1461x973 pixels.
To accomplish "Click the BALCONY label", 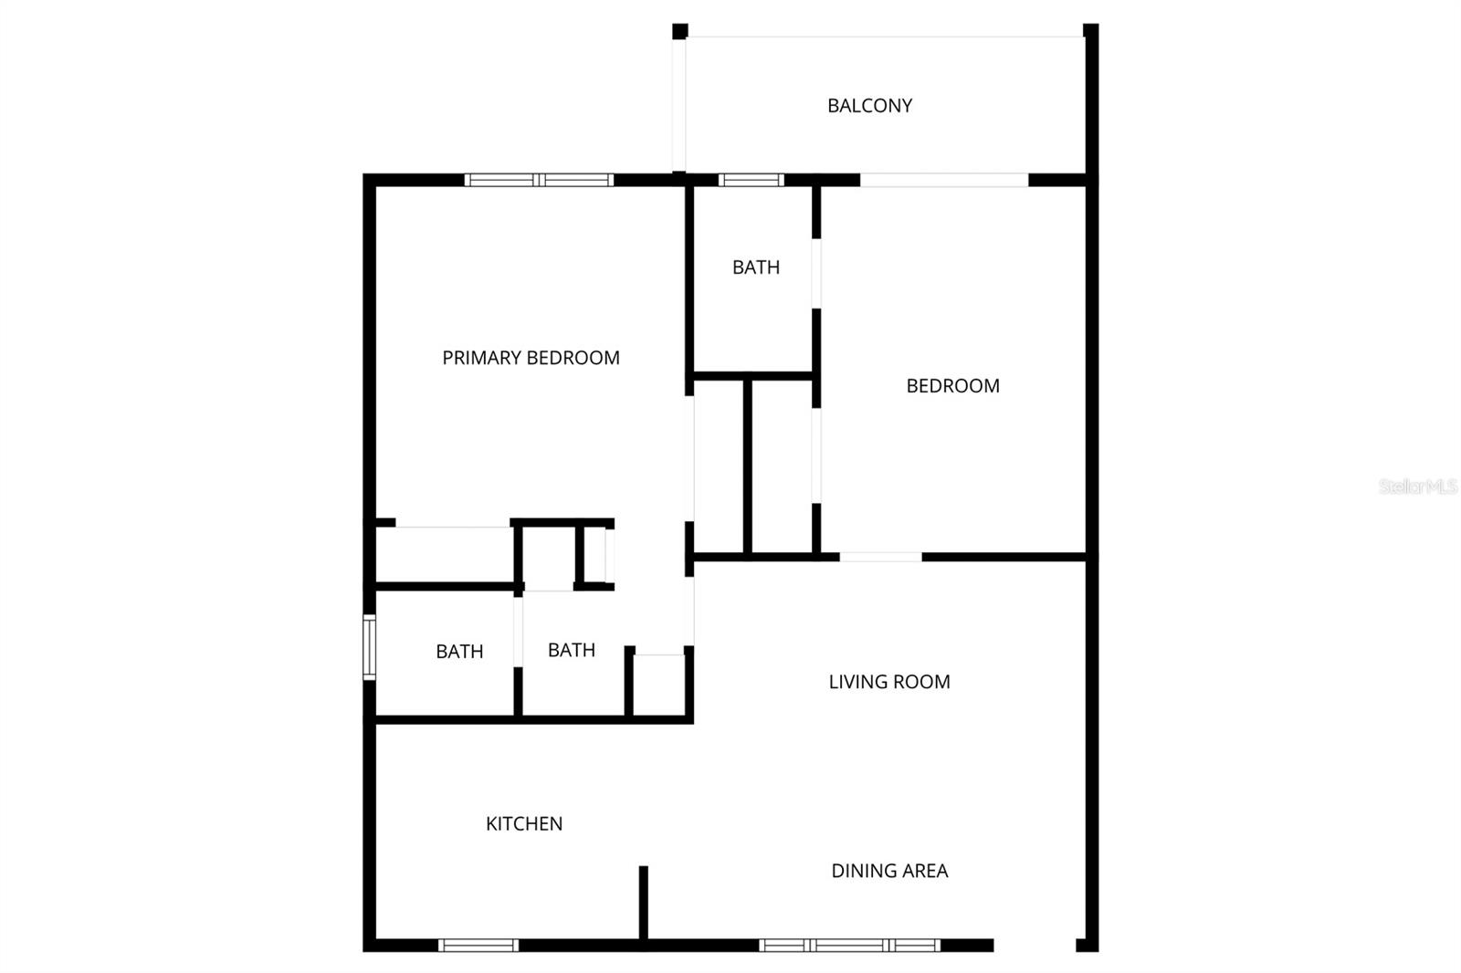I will [869, 106].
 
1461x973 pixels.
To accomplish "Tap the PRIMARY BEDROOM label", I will [531, 358].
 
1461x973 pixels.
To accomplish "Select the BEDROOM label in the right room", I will [952, 386].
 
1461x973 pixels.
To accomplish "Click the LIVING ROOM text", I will [888, 682].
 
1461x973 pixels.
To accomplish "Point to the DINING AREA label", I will [888, 871].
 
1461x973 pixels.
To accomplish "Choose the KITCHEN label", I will [523, 823].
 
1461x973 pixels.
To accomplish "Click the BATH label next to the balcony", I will [755, 267].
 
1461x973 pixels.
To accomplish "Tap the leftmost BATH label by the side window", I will [458, 652].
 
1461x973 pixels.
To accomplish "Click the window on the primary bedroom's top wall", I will [539, 180].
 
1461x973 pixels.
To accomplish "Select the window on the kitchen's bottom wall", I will [478, 945].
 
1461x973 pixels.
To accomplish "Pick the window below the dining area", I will [849, 945].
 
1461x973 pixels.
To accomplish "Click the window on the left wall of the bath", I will [369, 646].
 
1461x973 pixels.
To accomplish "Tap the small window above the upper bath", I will [751, 180].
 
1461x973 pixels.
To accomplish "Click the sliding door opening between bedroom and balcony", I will [944, 180].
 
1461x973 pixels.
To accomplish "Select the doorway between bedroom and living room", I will [880, 556].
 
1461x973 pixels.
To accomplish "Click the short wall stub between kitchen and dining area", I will [643, 902].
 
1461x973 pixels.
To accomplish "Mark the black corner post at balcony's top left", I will [679, 31].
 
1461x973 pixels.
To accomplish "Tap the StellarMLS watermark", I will [1417, 486].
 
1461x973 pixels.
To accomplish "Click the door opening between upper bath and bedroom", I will [816, 274].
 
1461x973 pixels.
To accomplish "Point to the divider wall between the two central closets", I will [747, 466].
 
